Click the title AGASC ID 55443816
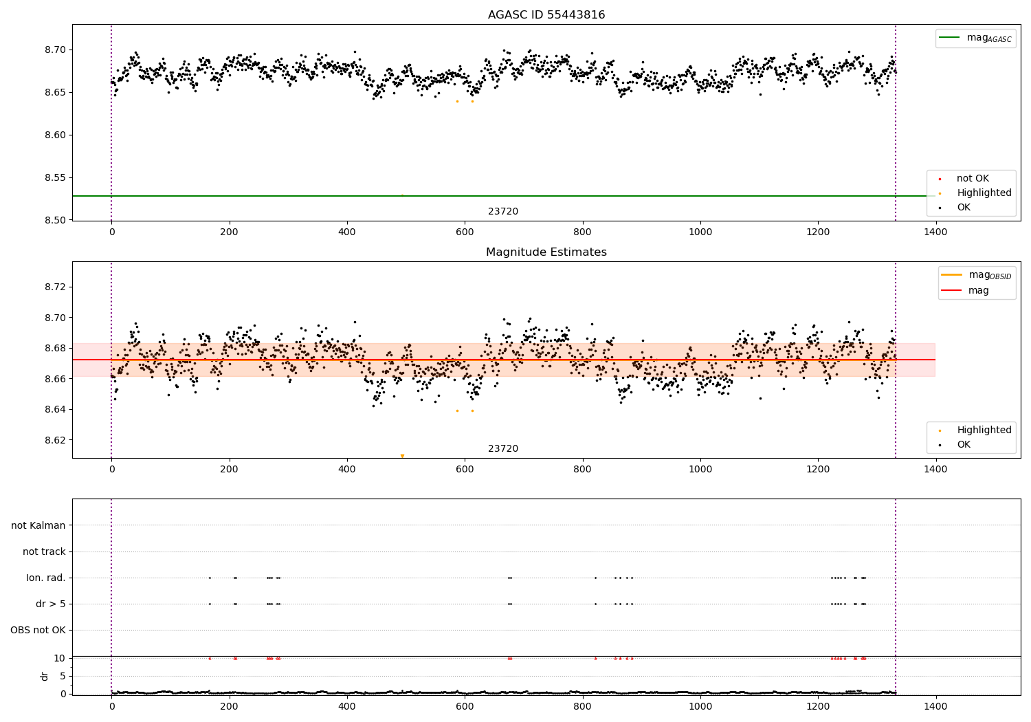point(546,15)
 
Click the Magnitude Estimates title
point(546,252)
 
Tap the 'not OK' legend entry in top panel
point(973,179)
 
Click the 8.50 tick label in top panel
point(56,221)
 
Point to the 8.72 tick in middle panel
point(56,287)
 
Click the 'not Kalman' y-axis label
point(38,526)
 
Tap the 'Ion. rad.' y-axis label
point(46,578)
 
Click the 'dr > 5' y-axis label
point(51,604)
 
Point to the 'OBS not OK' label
point(38,631)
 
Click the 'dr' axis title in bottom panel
point(45,676)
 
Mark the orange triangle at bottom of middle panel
point(402,456)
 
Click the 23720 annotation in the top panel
point(503,212)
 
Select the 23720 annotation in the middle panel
point(503,449)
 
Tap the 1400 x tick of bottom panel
point(935,706)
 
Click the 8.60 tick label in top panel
point(56,135)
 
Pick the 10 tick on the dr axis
point(60,659)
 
